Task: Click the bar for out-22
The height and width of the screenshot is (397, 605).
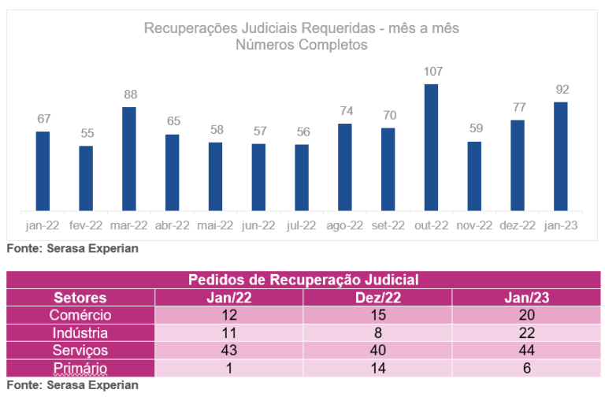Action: click(x=431, y=147)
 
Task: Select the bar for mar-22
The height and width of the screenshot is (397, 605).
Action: click(x=129, y=159)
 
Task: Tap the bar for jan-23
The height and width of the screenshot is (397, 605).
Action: click(x=561, y=156)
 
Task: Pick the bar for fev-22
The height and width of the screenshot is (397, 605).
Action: click(x=86, y=178)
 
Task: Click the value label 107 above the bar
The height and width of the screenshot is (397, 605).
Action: click(x=432, y=72)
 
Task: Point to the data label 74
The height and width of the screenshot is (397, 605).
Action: click(x=345, y=111)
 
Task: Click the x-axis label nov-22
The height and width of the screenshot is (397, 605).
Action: click(x=474, y=225)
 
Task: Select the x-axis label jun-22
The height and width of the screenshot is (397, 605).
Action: click(x=258, y=225)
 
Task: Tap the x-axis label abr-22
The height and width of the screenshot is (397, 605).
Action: click(x=172, y=225)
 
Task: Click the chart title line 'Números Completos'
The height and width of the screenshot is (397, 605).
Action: click(x=302, y=45)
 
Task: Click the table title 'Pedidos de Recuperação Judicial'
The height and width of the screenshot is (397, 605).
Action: click(x=303, y=280)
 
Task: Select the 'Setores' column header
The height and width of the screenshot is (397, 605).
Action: click(x=80, y=298)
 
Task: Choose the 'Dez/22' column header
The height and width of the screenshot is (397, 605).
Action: click(x=377, y=298)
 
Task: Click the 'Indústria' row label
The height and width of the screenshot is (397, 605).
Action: click(x=80, y=333)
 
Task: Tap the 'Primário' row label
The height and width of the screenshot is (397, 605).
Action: click(x=80, y=368)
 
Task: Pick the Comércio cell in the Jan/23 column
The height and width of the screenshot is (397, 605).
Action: click(x=526, y=315)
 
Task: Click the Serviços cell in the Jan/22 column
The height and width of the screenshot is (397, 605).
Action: click(x=228, y=351)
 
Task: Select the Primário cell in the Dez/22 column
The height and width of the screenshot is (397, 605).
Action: click(x=377, y=368)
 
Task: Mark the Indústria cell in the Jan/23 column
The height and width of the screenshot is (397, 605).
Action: click(x=526, y=333)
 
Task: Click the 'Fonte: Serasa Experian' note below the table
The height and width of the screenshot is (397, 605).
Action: click(x=72, y=385)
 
